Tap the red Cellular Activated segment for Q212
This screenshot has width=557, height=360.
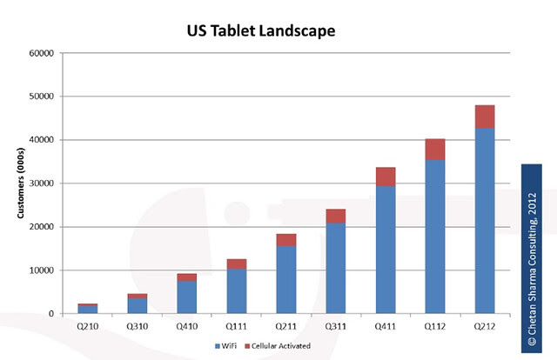485,117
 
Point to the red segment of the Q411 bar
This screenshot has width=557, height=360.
386,177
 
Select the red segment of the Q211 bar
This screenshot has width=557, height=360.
286,240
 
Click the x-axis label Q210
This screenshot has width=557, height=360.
88,327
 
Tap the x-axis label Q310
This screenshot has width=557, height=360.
138,327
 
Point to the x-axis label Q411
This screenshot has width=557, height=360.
386,327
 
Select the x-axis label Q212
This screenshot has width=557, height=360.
485,327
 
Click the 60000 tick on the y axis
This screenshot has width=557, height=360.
42,53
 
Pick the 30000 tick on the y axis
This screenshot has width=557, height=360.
42,183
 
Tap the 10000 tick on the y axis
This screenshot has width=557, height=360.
42,270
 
